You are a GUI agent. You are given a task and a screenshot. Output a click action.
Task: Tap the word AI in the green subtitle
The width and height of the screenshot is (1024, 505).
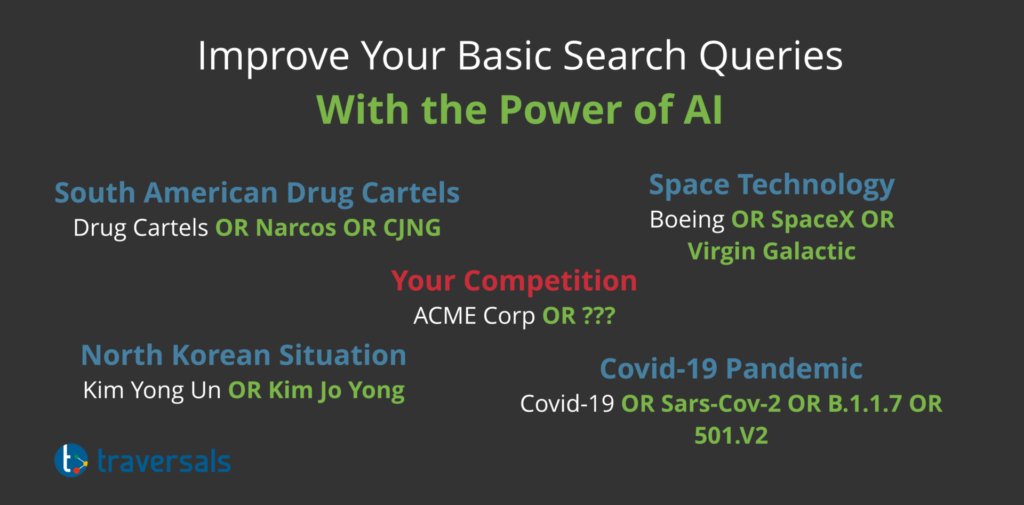(x=703, y=110)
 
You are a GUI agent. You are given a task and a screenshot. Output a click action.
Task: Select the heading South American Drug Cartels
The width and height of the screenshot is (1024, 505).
(x=257, y=193)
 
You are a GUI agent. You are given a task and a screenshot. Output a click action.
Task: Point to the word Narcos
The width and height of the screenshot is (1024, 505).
(x=296, y=228)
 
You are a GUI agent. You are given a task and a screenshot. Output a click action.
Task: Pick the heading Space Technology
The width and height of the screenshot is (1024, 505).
(x=771, y=185)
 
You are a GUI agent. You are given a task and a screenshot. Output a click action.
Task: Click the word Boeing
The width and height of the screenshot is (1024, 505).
(x=687, y=220)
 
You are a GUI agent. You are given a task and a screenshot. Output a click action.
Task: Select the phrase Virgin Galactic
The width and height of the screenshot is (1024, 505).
(x=771, y=251)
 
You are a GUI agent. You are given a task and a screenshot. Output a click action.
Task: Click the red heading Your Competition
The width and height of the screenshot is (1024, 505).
(x=514, y=280)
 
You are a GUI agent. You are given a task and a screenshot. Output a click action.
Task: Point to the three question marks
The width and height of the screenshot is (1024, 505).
(x=599, y=316)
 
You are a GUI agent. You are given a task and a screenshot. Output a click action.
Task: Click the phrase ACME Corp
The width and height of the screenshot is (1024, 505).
(x=474, y=316)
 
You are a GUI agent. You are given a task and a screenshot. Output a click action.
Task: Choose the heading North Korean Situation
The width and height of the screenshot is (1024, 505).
(x=243, y=355)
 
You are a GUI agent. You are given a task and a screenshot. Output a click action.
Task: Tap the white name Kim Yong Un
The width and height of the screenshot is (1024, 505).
(x=152, y=390)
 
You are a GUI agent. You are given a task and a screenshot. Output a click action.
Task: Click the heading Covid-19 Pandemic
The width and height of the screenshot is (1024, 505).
(x=731, y=368)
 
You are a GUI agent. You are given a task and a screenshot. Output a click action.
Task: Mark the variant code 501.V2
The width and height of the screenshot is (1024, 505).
(x=731, y=436)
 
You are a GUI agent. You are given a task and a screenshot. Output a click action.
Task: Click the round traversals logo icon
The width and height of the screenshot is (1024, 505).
(x=71, y=460)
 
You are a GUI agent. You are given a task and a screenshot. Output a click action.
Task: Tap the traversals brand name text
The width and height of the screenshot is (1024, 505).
(x=164, y=461)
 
